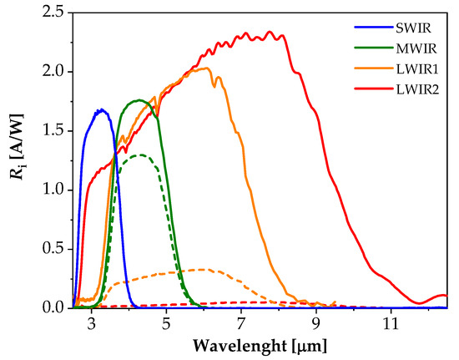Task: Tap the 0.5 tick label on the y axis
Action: click(x=49, y=250)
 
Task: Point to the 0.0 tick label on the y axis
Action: click(x=49, y=308)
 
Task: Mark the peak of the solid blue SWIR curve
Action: click(x=101, y=109)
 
